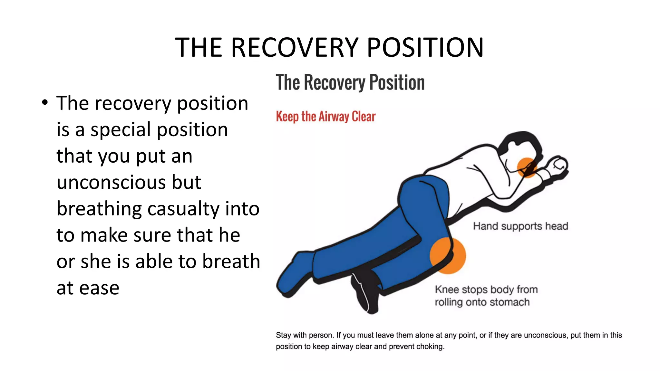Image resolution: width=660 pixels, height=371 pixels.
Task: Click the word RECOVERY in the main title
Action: (x=295, y=47)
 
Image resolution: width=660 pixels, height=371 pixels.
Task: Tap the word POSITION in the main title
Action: (x=425, y=47)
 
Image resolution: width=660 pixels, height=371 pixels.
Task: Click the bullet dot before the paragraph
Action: (x=45, y=103)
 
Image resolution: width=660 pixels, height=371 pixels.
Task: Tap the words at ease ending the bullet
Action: (x=88, y=288)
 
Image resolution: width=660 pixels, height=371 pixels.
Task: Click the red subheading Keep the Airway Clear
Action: (x=325, y=117)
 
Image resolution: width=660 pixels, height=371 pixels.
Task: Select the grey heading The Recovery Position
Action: (x=350, y=82)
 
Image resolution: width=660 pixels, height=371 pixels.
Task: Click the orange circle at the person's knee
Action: (x=448, y=256)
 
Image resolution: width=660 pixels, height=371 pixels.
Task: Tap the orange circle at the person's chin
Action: (x=527, y=167)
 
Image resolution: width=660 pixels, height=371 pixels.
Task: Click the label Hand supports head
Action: (x=520, y=226)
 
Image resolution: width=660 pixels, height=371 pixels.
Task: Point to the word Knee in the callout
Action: (x=447, y=290)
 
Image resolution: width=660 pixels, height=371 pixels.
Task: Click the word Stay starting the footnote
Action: (x=283, y=335)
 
